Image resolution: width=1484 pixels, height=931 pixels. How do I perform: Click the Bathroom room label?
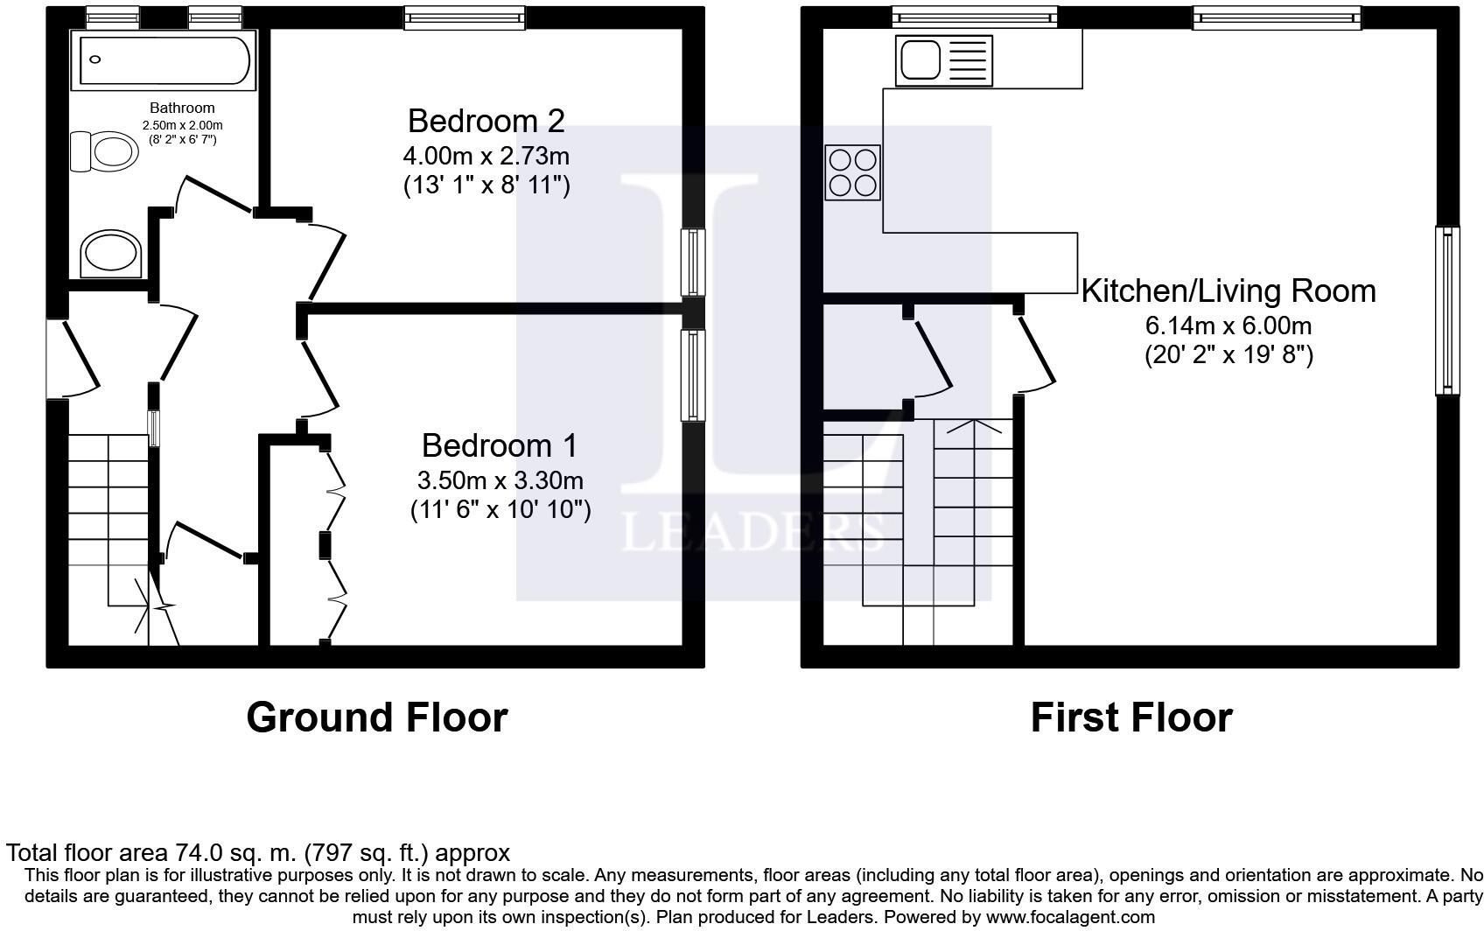(x=182, y=108)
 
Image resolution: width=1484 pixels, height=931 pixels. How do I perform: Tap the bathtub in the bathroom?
(x=164, y=60)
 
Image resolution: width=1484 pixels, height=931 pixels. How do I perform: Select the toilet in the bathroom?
(x=104, y=151)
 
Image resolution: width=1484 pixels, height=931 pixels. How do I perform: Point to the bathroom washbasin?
(x=110, y=254)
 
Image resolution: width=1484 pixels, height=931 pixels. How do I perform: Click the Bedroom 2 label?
(x=486, y=122)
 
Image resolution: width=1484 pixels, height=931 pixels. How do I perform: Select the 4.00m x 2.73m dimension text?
(x=486, y=157)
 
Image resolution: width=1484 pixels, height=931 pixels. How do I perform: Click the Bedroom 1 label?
(x=500, y=445)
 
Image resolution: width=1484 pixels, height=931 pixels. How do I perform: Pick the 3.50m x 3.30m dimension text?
(x=500, y=480)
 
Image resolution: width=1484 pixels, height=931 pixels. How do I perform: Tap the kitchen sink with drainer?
(x=944, y=60)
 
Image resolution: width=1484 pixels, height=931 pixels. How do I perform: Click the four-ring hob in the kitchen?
(x=852, y=172)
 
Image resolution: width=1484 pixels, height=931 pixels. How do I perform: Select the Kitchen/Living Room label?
(x=1228, y=291)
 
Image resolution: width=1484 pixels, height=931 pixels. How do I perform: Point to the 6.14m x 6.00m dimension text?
(x=1228, y=326)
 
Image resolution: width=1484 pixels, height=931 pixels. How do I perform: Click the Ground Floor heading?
(x=377, y=717)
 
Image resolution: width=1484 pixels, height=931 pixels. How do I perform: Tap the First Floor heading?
(x=1131, y=717)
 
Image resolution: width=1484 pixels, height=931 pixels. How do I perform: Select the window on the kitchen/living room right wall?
(x=1447, y=311)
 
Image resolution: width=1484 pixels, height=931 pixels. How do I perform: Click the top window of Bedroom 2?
(x=465, y=17)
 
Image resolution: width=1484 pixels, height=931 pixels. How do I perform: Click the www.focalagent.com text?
(x=1071, y=917)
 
